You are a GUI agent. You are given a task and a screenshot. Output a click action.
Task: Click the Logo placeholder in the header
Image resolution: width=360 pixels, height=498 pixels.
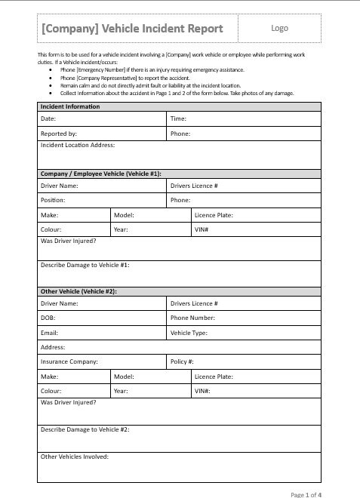tap(279, 28)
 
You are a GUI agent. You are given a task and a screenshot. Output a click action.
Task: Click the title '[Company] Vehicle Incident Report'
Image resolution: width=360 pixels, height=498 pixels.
tap(133, 29)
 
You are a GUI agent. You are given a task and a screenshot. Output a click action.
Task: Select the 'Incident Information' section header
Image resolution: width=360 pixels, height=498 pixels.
tap(70, 106)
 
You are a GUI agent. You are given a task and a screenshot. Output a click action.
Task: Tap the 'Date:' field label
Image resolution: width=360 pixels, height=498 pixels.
tap(48, 119)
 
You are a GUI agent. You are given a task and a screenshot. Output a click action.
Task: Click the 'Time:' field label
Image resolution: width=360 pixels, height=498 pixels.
tap(179, 119)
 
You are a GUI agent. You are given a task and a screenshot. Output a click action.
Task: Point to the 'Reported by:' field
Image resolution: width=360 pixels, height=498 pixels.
tap(59, 134)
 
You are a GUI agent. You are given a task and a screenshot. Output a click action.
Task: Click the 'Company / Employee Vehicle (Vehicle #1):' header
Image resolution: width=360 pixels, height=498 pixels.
tap(101, 174)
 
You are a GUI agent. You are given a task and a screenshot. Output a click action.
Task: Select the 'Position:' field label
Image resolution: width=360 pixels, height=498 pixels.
tap(53, 201)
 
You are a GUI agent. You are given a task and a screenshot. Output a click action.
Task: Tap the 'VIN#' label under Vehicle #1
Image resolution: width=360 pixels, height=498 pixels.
tap(202, 229)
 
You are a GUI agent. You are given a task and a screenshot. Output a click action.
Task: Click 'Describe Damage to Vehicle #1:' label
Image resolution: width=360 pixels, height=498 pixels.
tap(85, 265)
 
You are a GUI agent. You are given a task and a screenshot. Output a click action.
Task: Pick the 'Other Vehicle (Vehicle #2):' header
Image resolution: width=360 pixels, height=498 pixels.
tap(78, 290)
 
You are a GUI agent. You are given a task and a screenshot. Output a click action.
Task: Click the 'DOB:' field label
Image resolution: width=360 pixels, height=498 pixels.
tap(48, 318)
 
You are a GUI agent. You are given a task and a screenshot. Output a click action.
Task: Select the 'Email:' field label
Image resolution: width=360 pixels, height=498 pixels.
tap(50, 333)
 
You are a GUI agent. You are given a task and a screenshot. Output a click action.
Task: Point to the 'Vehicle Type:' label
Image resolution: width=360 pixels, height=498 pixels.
tap(189, 333)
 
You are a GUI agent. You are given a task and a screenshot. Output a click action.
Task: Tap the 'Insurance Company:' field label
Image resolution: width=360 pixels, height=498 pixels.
tap(69, 361)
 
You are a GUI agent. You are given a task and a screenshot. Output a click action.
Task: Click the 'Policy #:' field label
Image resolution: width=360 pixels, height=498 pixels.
tap(183, 361)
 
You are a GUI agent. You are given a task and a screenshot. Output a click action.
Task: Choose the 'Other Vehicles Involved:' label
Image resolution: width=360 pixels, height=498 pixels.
tap(75, 456)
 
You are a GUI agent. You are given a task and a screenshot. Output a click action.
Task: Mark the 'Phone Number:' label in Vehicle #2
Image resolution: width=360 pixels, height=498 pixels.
tap(193, 318)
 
